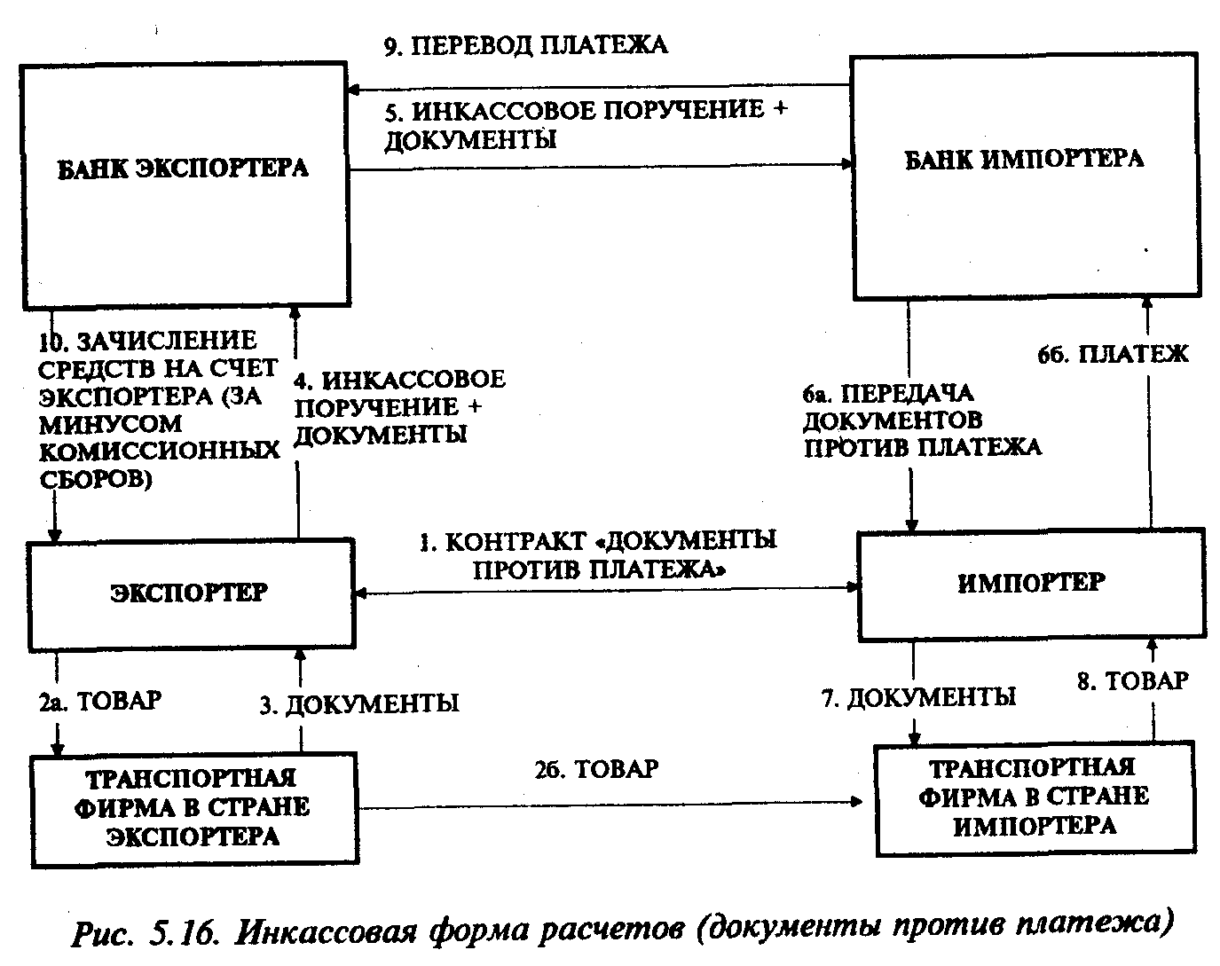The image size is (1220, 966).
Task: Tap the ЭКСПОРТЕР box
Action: click(190, 593)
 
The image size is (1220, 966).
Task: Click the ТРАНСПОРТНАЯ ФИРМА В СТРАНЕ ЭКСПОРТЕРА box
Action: click(193, 807)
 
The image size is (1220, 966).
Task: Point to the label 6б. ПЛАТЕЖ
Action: click(1112, 355)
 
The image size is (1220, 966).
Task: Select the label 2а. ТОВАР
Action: click(99, 701)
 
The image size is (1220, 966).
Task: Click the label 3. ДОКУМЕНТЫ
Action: click(359, 704)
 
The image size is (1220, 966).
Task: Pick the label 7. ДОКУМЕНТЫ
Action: click(918, 698)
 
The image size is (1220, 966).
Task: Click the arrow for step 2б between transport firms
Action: click(612, 802)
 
